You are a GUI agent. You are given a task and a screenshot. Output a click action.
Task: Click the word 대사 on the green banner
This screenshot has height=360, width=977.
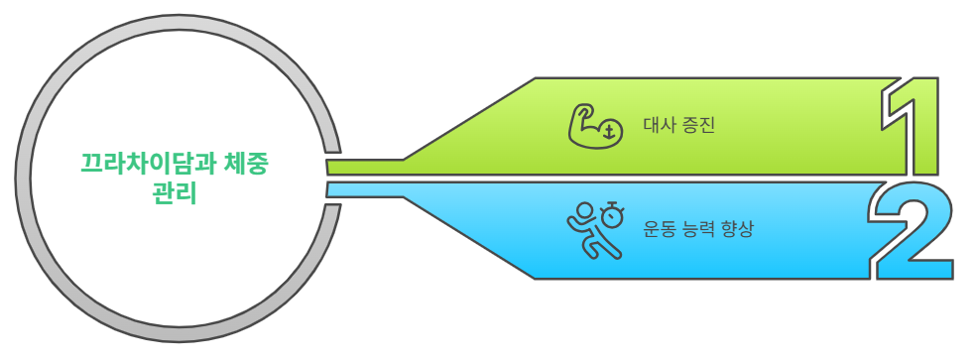click(658, 126)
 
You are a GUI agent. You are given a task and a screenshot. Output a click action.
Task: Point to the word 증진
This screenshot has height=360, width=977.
click(697, 126)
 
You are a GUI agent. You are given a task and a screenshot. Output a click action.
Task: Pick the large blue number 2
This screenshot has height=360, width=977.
click(912, 231)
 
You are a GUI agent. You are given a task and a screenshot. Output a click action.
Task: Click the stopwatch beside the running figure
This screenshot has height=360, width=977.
click(614, 211)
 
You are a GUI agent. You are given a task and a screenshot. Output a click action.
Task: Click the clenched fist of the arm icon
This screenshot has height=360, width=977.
click(585, 108)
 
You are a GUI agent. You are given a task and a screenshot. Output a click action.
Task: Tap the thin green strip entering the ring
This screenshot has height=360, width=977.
click(362, 167)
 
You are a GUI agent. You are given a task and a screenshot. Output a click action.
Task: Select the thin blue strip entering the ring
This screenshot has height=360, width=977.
click(362, 188)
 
